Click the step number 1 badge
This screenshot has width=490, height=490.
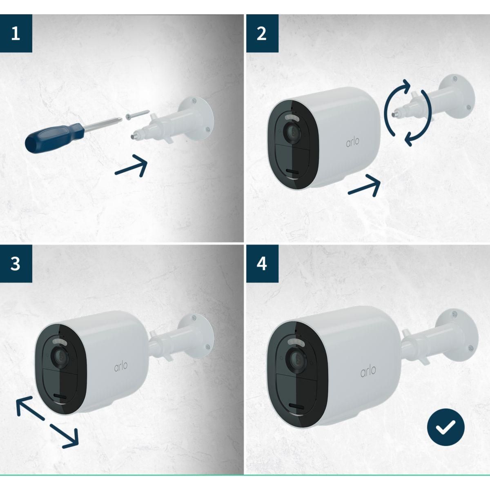pyautogui.click(x=16, y=33)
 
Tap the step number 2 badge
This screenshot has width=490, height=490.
pyautogui.click(x=262, y=33)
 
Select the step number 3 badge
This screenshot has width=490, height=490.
pyautogui.click(x=16, y=264)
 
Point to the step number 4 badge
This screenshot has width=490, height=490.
pyautogui.click(x=262, y=264)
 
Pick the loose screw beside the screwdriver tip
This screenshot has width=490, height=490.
pyautogui.click(x=136, y=114)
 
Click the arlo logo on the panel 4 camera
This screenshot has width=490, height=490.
pyautogui.click(x=368, y=372)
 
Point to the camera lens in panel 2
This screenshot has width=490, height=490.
pyautogui.click(x=293, y=131)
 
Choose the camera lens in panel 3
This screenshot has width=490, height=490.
pyautogui.click(x=60, y=356)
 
